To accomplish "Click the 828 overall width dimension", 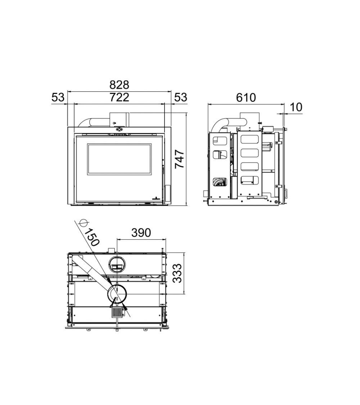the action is pyautogui.click(x=119, y=85).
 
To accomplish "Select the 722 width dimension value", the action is pyautogui.click(x=119, y=97).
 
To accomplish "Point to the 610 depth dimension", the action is pyautogui.click(x=246, y=98).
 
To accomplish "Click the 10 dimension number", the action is pyautogui.click(x=296, y=107).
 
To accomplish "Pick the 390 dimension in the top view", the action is pyautogui.click(x=141, y=233).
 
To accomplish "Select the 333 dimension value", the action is pyautogui.click(x=177, y=274).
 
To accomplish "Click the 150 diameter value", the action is pyautogui.click(x=92, y=237).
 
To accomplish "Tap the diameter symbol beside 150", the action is pyautogui.click(x=84, y=222).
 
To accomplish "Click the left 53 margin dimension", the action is pyautogui.click(x=58, y=98).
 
